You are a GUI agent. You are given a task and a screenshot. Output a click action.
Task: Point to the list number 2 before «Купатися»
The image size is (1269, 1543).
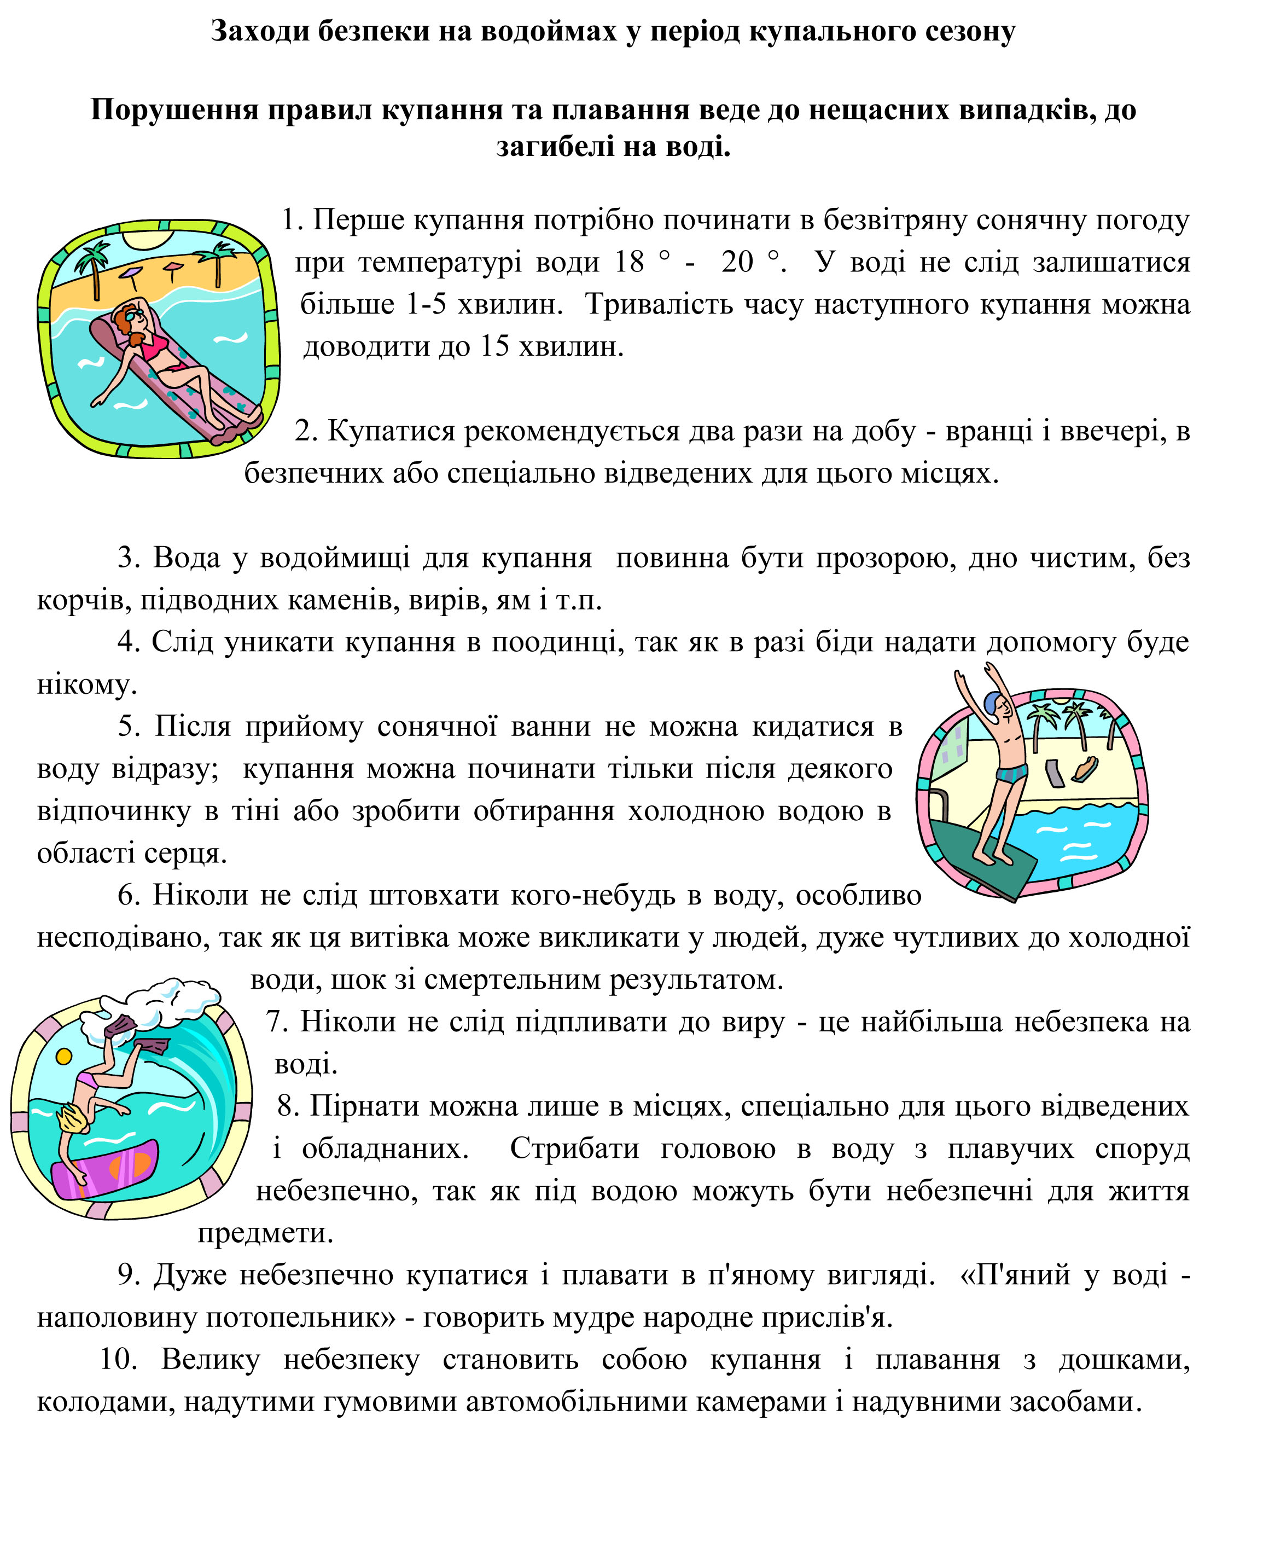point(304,432)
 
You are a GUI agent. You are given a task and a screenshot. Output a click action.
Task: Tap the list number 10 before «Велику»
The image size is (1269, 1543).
point(118,1360)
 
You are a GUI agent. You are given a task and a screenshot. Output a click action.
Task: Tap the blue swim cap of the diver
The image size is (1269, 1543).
point(991,704)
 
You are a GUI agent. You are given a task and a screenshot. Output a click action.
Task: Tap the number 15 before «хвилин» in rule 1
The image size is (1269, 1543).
point(494,346)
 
